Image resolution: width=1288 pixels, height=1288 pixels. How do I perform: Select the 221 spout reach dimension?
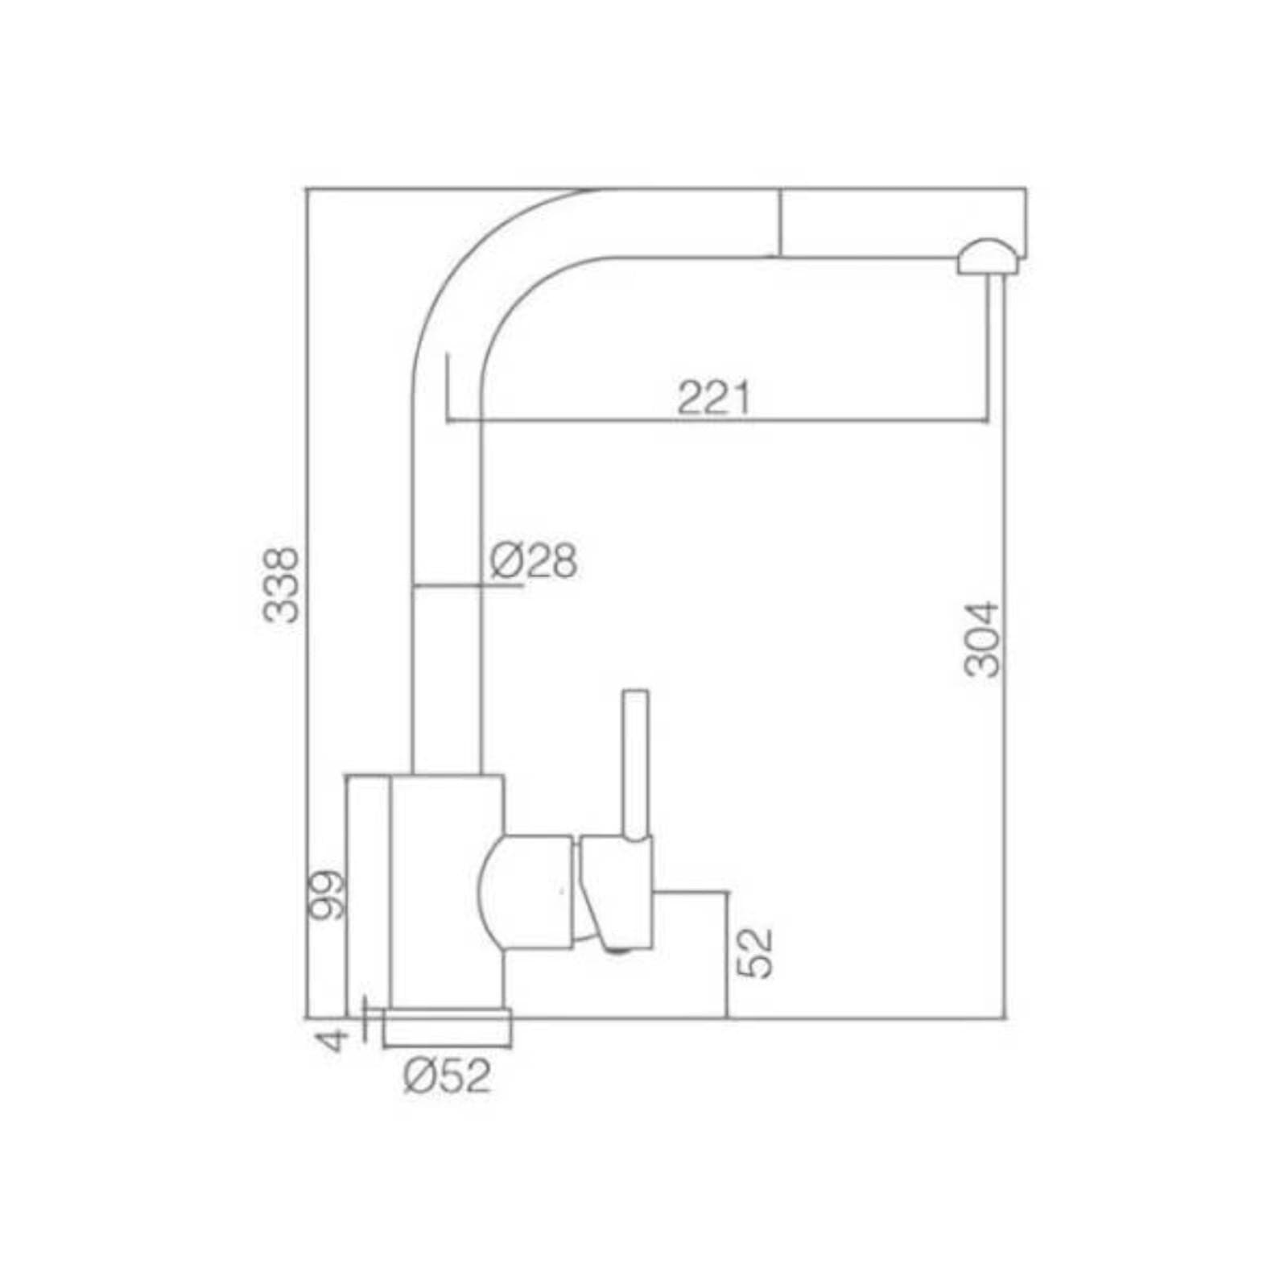point(713,397)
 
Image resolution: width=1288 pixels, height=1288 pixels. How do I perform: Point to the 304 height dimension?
point(982,639)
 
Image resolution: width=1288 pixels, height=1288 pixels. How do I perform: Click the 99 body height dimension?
point(328,894)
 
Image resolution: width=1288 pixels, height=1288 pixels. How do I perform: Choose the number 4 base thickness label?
point(332,1039)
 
